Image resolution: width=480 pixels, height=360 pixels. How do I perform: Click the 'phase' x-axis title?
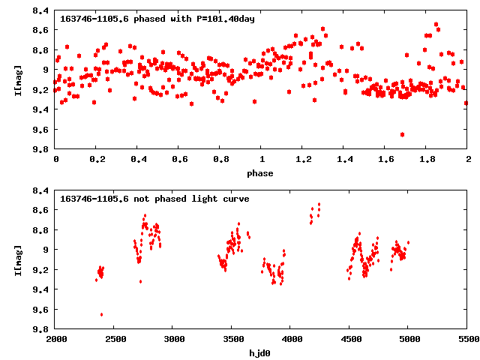[262, 173]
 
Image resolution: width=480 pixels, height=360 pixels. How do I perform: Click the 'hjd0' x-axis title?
[262, 353]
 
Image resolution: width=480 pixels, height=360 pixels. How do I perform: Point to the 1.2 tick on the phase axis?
[303, 160]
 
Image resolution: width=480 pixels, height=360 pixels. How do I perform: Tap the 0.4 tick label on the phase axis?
[138, 160]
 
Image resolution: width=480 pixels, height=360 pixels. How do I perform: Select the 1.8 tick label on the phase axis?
[427, 160]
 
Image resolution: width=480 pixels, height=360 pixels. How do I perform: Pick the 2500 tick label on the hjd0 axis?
[115, 340]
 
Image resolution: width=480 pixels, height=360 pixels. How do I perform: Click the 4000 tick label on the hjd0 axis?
[291, 340]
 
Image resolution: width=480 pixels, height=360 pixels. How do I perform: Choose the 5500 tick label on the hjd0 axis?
[467, 340]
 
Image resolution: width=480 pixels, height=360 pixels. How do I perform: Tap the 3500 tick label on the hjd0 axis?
[232, 340]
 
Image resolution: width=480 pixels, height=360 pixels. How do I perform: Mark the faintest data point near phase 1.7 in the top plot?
[403, 134]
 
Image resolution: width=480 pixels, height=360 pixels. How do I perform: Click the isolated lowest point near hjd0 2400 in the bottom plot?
[101, 314]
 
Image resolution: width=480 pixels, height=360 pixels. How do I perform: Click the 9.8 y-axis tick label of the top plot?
[41, 149]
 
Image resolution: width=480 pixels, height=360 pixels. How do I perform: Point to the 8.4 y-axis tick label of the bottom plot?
[41, 190]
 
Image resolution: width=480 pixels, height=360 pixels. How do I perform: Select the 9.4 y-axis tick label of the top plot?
[41, 109]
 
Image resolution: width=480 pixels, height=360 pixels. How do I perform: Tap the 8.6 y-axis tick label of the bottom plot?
[41, 210]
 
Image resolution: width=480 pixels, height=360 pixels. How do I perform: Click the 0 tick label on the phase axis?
[56, 160]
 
